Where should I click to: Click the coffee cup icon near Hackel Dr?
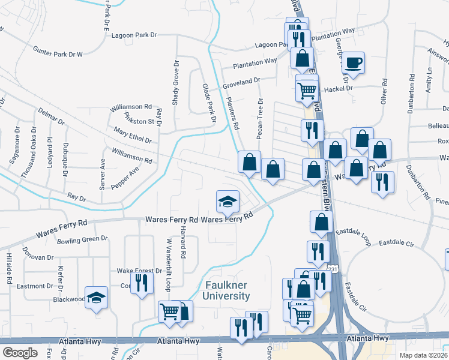[353, 62]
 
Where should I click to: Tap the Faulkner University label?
[227, 291]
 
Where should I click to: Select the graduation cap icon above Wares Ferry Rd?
[228, 200]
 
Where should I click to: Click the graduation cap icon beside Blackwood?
[96, 298]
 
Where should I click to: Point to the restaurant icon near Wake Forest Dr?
[141, 281]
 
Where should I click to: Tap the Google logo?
[20, 353]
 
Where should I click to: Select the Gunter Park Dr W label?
[58, 51]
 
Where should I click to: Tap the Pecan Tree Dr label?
[260, 118]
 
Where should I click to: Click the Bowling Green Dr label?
[82, 241]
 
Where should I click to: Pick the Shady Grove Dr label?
[176, 82]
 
